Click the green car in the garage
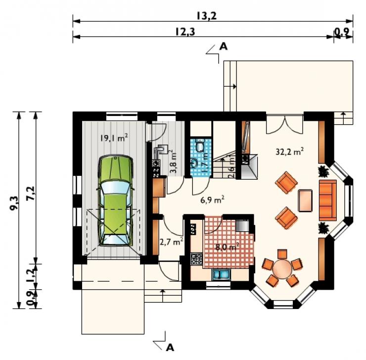pyautogui.click(x=116, y=201)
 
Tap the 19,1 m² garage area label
pyautogui.click(x=114, y=138)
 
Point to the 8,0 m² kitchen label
pyautogui.click(x=227, y=247)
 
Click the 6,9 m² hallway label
pyautogui.click(x=212, y=200)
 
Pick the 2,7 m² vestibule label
pyautogui.click(x=171, y=242)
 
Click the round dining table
pyautogui.click(x=283, y=268)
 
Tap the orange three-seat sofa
pyautogui.click(x=328, y=200)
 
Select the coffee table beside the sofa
pyautogui.click(x=305, y=201)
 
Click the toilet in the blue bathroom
pyautogui.click(x=200, y=146)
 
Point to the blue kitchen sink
pyautogui.click(x=221, y=274)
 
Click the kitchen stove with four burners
pyautogui.click(x=196, y=259)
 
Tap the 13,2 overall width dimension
pyautogui.click(x=206, y=16)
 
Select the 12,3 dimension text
pyautogui.click(x=185, y=32)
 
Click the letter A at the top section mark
pyautogui.click(x=224, y=47)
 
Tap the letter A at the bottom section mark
pyautogui.click(x=170, y=348)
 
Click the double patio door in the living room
pyautogui.click(x=285, y=125)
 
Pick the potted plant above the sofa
pyautogui.click(x=323, y=171)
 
